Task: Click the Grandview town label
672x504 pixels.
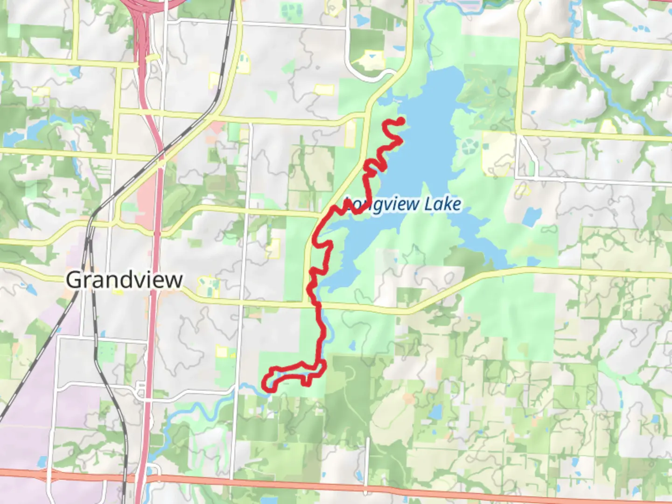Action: coord(124,280)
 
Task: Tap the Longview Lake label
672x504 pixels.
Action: coord(403,204)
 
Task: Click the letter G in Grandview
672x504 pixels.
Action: coord(73,280)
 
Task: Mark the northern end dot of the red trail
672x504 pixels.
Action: coord(400,121)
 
